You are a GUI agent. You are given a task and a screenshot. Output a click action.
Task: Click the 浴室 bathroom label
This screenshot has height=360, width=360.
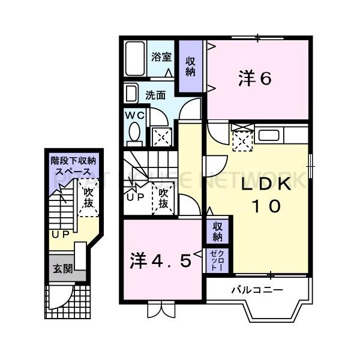tap(161, 58)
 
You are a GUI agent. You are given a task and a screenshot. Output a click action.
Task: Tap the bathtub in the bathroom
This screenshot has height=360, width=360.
tap(136, 58)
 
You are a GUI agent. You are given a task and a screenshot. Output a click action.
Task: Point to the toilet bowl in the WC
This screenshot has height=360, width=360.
tap(134, 131)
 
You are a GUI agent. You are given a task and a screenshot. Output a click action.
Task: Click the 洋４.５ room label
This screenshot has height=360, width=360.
tap(161, 261)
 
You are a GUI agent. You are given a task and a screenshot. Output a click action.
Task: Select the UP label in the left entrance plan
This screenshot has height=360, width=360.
tap(59, 234)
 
